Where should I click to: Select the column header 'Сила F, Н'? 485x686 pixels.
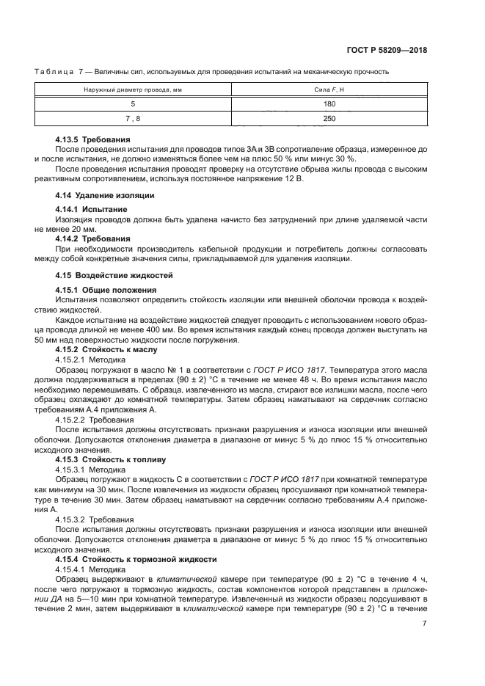(329, 90)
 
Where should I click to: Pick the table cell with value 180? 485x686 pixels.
(329, 104)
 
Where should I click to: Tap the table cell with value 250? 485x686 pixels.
(329, 118)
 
